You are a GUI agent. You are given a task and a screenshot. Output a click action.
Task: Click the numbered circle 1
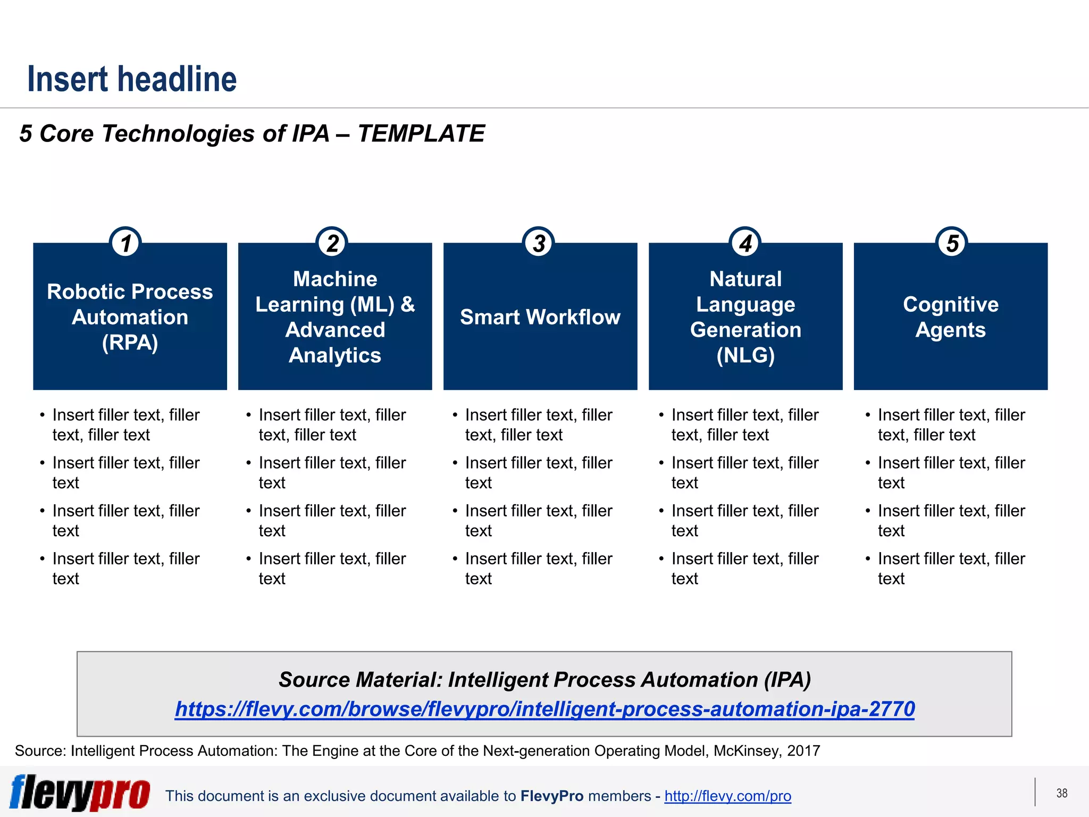(125, 243)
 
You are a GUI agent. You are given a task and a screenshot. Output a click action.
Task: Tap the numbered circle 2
(332, 243)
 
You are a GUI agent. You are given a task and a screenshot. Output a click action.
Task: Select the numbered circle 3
(539, 243)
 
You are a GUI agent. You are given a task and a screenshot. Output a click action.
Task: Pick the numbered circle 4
(745, 243)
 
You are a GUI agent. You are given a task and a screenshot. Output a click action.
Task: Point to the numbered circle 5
(952, 243)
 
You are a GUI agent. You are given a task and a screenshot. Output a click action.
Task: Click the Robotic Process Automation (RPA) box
(130, 317)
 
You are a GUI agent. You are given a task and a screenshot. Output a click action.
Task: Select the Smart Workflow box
(540, 317)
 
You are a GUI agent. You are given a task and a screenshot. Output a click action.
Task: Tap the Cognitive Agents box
(951, 317)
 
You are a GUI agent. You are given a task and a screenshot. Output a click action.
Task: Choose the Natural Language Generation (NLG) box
(745, 317)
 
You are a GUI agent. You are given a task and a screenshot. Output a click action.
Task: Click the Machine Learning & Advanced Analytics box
(335, 317)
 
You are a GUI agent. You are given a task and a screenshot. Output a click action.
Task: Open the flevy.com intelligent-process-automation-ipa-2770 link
(544, 709)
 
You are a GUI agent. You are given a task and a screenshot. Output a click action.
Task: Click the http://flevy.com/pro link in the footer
(727, 796)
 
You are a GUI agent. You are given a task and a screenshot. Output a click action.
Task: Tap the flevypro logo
(80, 793)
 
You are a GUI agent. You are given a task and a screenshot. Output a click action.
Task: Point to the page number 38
(1061, 793)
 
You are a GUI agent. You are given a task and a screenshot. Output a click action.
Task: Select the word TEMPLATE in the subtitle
(421, 134)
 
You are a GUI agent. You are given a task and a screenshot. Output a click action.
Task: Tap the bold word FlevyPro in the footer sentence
(552, 796)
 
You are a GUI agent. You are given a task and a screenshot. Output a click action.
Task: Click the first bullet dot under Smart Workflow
(455, 415)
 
